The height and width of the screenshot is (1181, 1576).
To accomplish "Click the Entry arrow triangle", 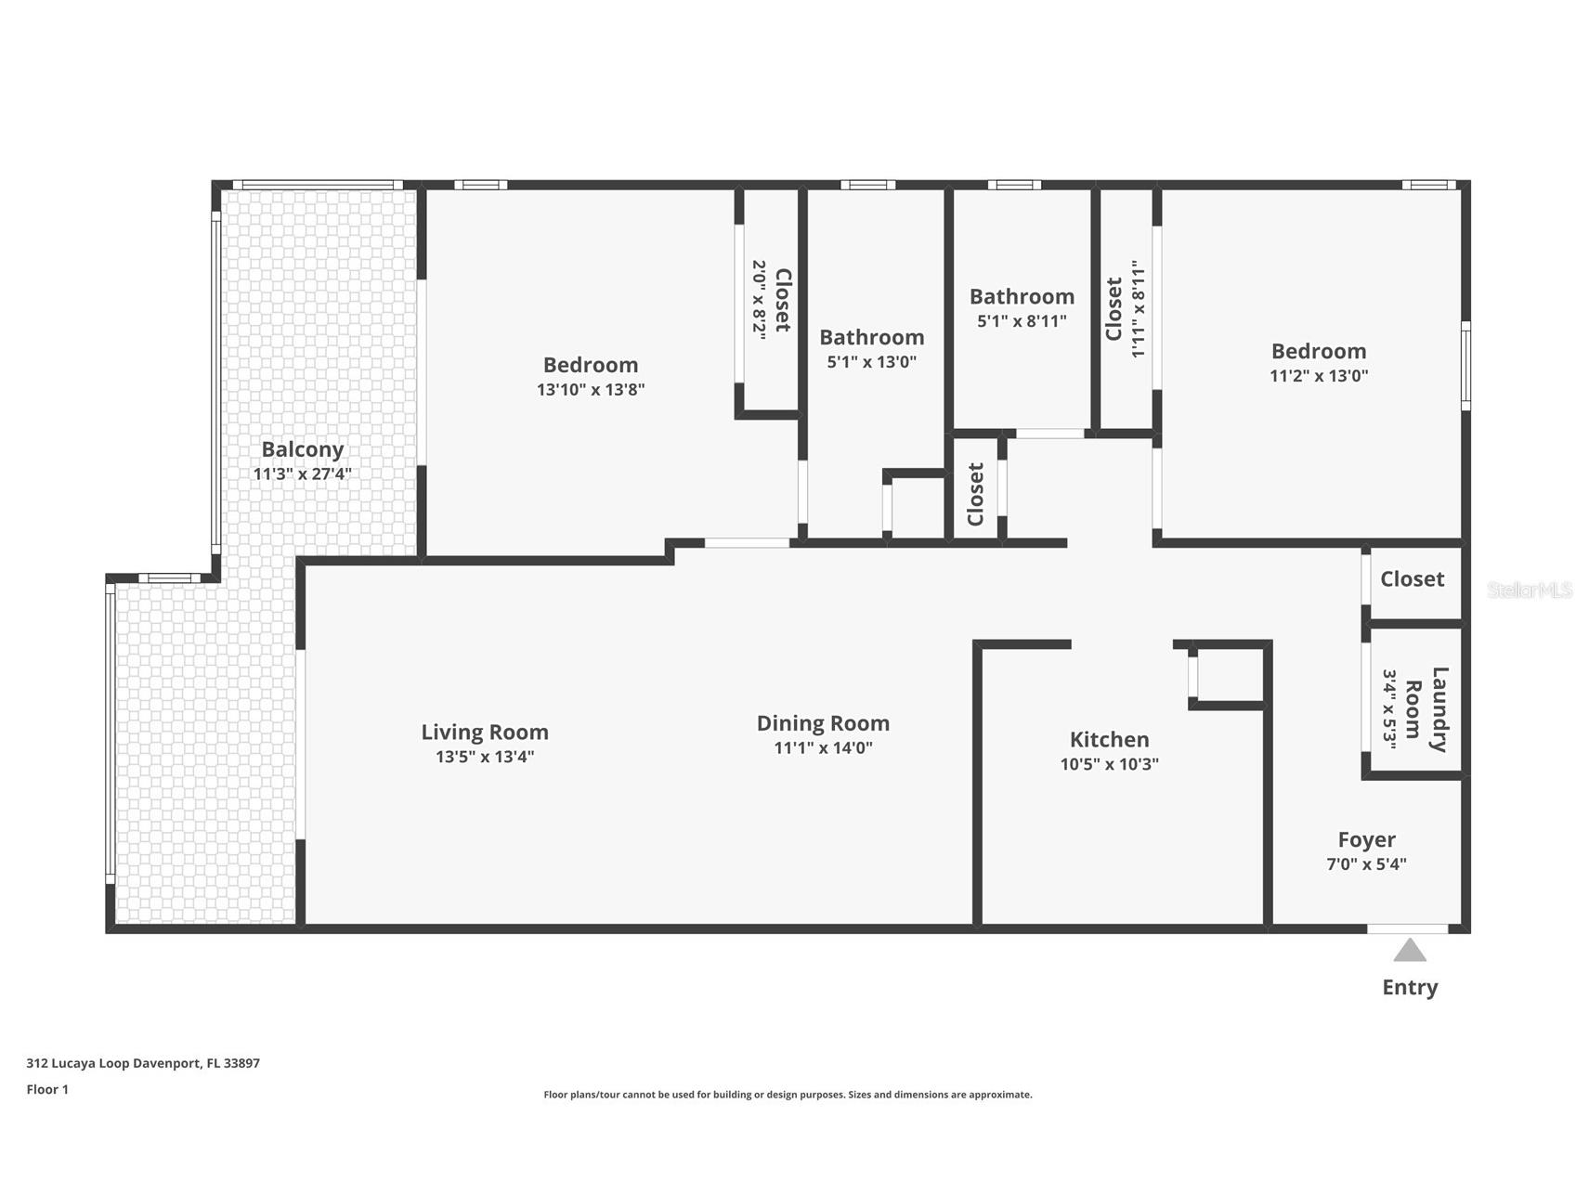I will click(x=1409, y=952).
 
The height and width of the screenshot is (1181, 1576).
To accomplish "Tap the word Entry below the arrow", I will click(x=1409, y=987).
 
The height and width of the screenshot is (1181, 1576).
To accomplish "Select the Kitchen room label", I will click(x=1109, y=739).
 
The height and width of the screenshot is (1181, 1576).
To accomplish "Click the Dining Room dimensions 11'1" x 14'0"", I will click(x=823, y=747).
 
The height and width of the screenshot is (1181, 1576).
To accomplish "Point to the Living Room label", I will click(x=485, y=732).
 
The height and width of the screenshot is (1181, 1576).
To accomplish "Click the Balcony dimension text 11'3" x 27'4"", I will click(x=302, y=474).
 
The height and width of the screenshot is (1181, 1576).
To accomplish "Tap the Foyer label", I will click(x=1366, y=839).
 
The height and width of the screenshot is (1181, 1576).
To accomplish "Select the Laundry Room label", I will click(x=1426, y=709).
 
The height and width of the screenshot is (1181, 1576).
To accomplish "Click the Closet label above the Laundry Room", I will click(x=1412, y=578).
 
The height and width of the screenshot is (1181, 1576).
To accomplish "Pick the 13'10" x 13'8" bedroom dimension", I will click(x=591, y=389).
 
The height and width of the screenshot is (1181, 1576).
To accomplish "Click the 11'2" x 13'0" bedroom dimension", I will click(x=1319, y=375).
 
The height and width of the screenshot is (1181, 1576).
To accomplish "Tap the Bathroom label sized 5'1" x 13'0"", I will click(x=871, y=337).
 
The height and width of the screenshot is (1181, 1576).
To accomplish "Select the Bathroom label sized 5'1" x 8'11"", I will click(x=1022, y=296).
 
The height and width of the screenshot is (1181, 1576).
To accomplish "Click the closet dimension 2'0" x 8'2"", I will click(x=759, y=300).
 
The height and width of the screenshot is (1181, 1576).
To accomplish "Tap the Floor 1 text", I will click(x=47, y=1089).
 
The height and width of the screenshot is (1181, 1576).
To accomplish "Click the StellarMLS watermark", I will click(x=1529, y=590).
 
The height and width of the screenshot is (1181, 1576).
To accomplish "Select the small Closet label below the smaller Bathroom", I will click(x=975, y=494).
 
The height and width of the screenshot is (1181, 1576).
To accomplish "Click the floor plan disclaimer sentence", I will click(x=788, y=1095).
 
